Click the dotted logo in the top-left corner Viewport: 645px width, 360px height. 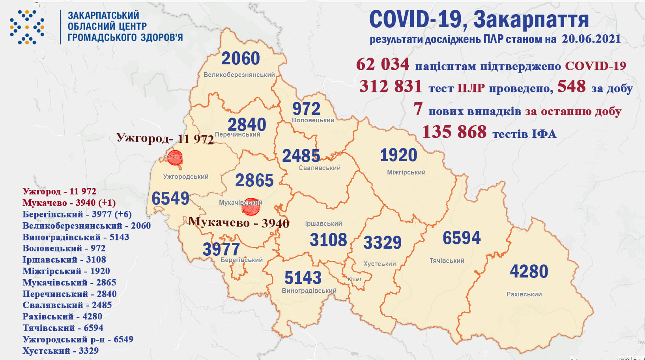click(27, 27)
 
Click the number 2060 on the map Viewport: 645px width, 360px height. click(240, 58)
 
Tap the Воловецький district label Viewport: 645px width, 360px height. click(313, 120)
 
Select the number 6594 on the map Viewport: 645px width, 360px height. click(462, 238)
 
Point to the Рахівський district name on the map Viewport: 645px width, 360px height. click(524, 294)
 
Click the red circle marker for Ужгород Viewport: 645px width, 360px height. click(174, 157)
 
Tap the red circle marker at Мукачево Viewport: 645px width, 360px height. click(251, 206)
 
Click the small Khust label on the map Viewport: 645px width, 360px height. click(354, 279)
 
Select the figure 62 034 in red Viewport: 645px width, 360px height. click(382, 64)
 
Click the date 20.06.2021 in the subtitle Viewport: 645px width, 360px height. click(591, 39)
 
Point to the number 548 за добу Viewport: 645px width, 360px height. click(571, 86)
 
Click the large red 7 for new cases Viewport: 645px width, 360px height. click(418, 109)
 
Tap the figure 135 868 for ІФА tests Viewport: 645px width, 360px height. click(454, 132)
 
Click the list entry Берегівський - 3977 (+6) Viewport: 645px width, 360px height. click(77, 214)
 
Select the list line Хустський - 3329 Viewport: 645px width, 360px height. click(60, 351)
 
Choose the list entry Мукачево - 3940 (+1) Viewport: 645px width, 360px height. click(69, 202)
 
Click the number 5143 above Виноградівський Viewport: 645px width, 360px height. click(303, 278)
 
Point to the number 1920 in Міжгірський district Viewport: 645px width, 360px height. click(398, 155)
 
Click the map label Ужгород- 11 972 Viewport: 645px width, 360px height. click(165, 138)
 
